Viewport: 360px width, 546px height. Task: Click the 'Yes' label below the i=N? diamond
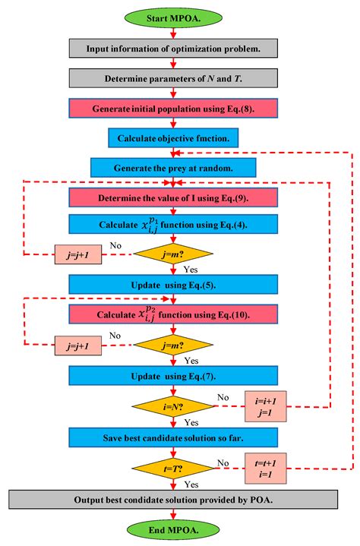pyautogui.click(x=191, y=421)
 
